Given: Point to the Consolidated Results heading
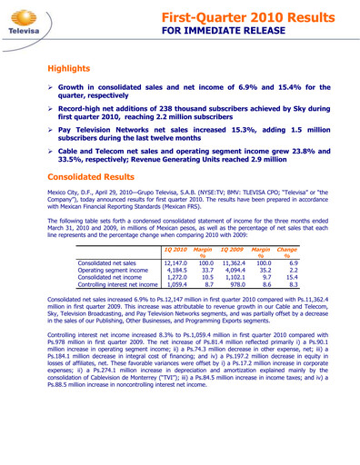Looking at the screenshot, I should point(95,177).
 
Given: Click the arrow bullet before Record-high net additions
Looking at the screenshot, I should point(52,109).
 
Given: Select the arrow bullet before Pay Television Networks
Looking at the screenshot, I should point(52,131).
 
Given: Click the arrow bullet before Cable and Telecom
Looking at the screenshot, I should point(52,153).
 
